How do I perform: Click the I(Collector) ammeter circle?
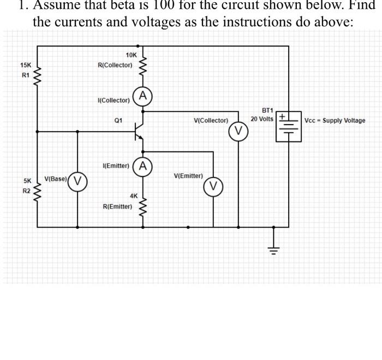[x=143, y=96]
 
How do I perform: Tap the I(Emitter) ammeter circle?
[x=143, y=166]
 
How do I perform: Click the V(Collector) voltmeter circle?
[x=237, y=131]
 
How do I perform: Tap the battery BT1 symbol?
[x=288, y=127]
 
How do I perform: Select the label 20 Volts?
[x=262, y=119]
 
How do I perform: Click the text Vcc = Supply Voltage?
[x=335, y=121]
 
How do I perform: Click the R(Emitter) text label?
[x=117, y=206]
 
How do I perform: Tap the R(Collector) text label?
[x=115, y=65]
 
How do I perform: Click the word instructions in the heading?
[x=276, y=22]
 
